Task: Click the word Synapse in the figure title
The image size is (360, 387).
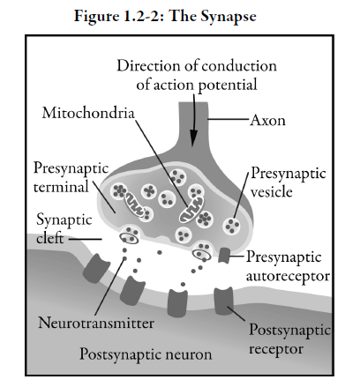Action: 229,16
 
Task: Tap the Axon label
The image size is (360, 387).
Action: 267,120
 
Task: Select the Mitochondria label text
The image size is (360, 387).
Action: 88,113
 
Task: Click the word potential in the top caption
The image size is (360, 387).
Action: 228,86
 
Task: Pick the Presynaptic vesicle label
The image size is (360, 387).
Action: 289,182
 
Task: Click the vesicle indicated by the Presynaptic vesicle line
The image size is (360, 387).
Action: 231,227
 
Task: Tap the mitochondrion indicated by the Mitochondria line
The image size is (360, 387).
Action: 191,210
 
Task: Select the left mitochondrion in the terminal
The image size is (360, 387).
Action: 134,204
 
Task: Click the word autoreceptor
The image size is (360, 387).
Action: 288,276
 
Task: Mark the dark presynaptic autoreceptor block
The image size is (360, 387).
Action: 225,255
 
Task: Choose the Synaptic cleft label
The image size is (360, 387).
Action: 64,229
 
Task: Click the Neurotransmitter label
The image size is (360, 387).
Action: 96,323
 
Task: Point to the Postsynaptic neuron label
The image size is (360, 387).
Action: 146,354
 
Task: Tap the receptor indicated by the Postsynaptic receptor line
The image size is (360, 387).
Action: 224,301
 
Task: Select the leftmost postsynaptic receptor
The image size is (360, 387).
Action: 96,268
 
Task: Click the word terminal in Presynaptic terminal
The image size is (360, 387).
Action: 61,187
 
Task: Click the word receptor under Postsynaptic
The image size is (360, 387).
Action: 276,349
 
